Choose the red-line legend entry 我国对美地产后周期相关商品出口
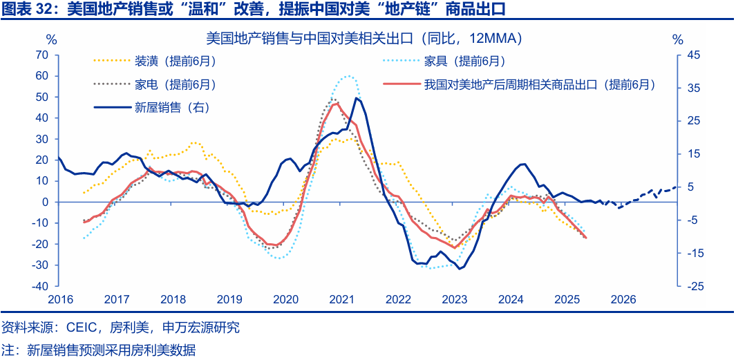[539, 84]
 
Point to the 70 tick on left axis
[41, 55]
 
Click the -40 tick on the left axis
[39, 286]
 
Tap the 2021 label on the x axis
[342, 299]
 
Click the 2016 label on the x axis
[60, 299]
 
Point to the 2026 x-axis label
[623, 299]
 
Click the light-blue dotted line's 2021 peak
[348, 76]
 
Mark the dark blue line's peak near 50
[357, 98]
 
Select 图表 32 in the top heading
[27, 9]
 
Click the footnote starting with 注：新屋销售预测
[98, 350]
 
